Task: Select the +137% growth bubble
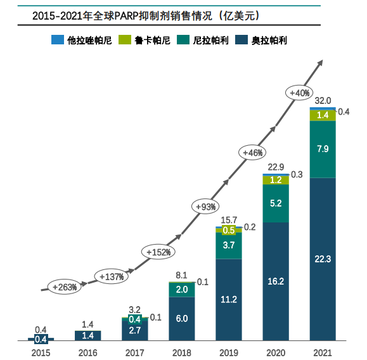pyautogui.click(x=113, y=276)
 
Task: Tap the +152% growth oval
pyautogui.click(x=159, y=252)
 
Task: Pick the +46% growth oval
pyautogui.click(x=254, y=152)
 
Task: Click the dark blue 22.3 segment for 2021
pyautogui.click(x=323, y=258)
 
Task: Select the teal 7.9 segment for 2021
pyautogui.click(x=323, y=149)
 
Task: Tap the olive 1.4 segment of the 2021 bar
pyautogui.click(x=323, y=115)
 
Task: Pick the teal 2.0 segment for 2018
pyautogui.click(x=183, y=290)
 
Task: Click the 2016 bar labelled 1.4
pyautogui.click(x=89, y=335)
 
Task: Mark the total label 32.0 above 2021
pyautogui.click(x=323, y=101)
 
